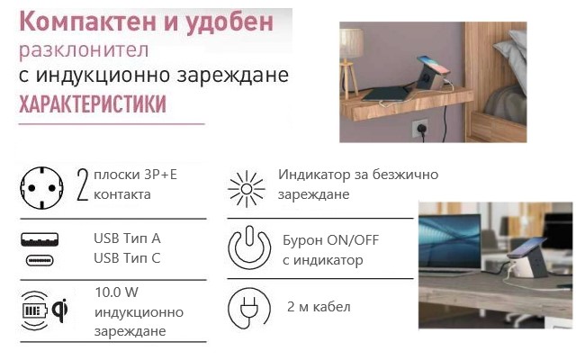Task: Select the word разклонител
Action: point(85,48)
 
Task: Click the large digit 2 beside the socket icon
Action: point(84,184)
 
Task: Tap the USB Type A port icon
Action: point(40,238)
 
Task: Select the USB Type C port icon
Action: point(40,260)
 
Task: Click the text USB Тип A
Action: point(127,238)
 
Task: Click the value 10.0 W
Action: point(117,293)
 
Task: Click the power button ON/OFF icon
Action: point(249,247)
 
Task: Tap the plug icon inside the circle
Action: point(247,308)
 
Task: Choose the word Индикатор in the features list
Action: point(312,174)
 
